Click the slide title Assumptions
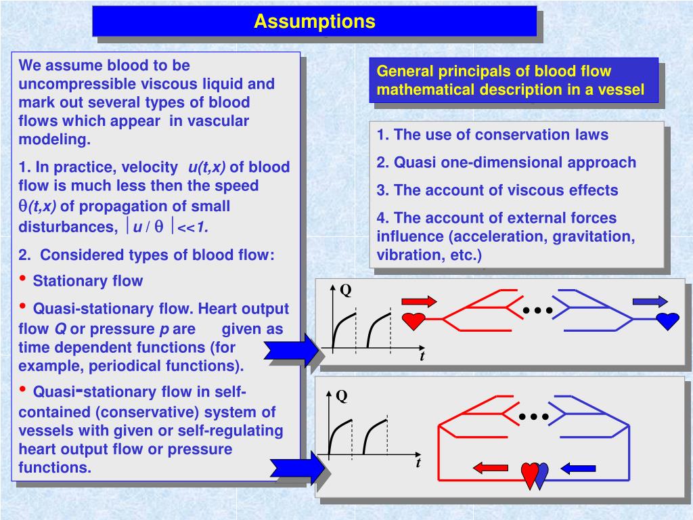pos(314,22)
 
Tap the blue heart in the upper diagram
pos(667,320)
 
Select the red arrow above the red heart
pos(419,301)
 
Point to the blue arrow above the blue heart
pos(649,301)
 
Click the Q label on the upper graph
pos(345,290)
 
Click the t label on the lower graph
pos(418,464)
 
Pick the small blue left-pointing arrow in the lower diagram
pos(578,467)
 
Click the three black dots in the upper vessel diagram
pos(538,311)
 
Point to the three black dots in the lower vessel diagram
pos(534,416)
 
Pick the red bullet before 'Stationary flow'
pos(24,279)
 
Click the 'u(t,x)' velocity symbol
pos(207,167)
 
